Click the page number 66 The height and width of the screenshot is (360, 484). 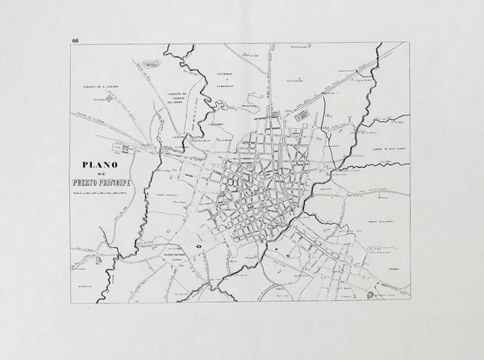75,40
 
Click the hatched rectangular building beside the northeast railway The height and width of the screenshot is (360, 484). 302,116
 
